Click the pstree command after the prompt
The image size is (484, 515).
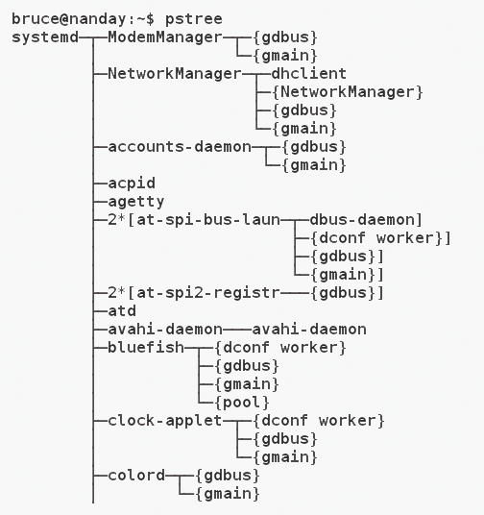click(194, 19)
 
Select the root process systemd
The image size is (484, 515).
click(45, 37)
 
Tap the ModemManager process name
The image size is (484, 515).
click(165, 37)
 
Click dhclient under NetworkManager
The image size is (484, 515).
click(308, 73)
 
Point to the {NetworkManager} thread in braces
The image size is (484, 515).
click(348, 92)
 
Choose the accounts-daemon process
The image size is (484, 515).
click(180, 146)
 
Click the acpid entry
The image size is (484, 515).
click(132, 184)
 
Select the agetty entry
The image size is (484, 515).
click(136, 202)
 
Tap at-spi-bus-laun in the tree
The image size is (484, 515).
click(208, 220)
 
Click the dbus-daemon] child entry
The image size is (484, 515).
click(366, 220)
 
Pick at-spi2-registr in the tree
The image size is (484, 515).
click(208, 293)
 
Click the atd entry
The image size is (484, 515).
click(122, 310)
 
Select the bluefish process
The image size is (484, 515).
click(146, 347)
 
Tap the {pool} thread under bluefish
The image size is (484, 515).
click(242, 403)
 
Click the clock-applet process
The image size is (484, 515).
click(165, 421)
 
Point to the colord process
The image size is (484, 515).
click(136, 476)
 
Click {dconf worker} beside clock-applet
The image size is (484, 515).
click(319, 421)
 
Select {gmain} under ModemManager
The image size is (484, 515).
click(285, 56)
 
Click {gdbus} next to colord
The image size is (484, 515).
click(228, 476)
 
